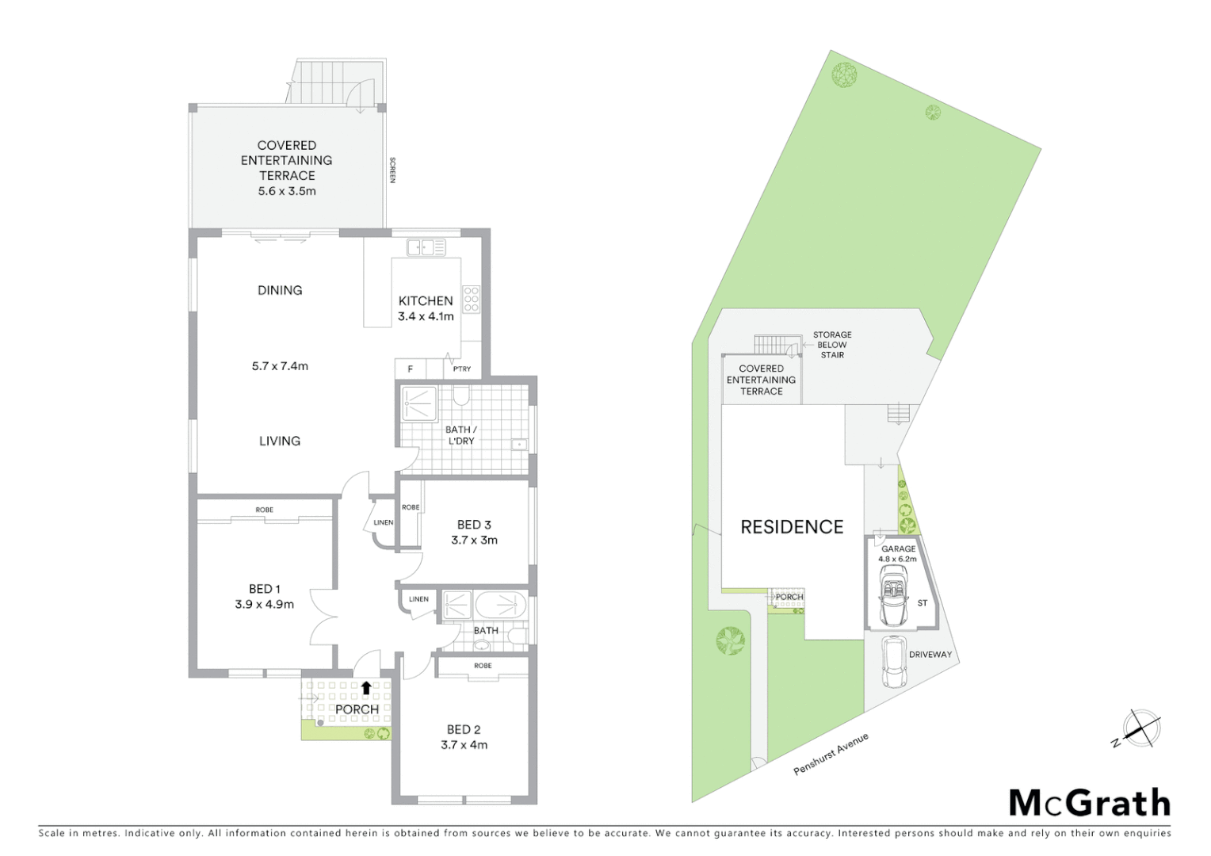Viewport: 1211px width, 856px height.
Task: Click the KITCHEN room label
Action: [x=426, y=301]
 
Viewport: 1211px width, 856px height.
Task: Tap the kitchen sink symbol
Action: [x=426, y=247]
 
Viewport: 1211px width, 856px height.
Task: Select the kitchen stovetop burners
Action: [x=472, y=299]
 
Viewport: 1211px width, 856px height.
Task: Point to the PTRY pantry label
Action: [x=462, y=369]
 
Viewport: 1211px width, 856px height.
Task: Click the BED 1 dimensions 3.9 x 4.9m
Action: [x=264, y=605]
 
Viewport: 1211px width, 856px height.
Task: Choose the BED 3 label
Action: [x=474, y=525]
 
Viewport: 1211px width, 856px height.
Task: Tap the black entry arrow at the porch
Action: [x=366, y=688]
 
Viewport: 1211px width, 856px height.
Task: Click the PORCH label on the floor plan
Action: [x=357, y=709]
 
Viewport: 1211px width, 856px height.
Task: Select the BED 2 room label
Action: [x=464, y=729]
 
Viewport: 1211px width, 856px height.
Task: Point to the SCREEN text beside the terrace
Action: [x=392, y=170]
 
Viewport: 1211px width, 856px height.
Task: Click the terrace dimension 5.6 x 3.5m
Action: [x=287, y=191]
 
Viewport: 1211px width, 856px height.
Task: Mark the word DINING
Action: [x=280, y=290]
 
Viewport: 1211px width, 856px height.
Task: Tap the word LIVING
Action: [x=280, y=441]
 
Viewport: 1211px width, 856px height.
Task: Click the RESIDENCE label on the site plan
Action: [x=792, y=527]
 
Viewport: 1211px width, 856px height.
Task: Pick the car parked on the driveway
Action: [x=895, y=663]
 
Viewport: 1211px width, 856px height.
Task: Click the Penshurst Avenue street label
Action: [x=831, y=754]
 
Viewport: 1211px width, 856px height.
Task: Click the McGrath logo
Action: [x=1089, y=803]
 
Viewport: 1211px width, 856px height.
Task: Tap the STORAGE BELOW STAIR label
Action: [x=832, y=345]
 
